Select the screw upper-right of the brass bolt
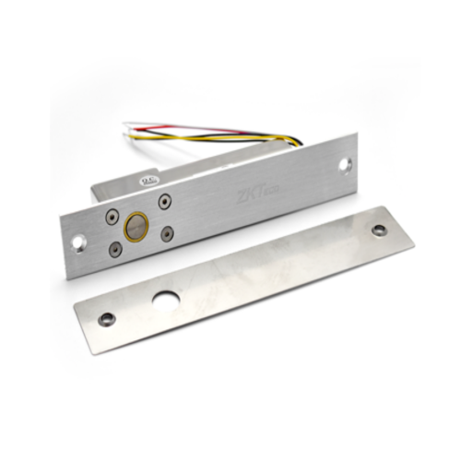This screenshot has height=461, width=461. click(x=164, y=201)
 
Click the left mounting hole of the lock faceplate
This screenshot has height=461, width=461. click(x=77, y=242)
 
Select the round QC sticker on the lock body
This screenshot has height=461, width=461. click(x=150, y=172)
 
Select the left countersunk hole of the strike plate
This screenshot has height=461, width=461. click(x=108, y=318)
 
